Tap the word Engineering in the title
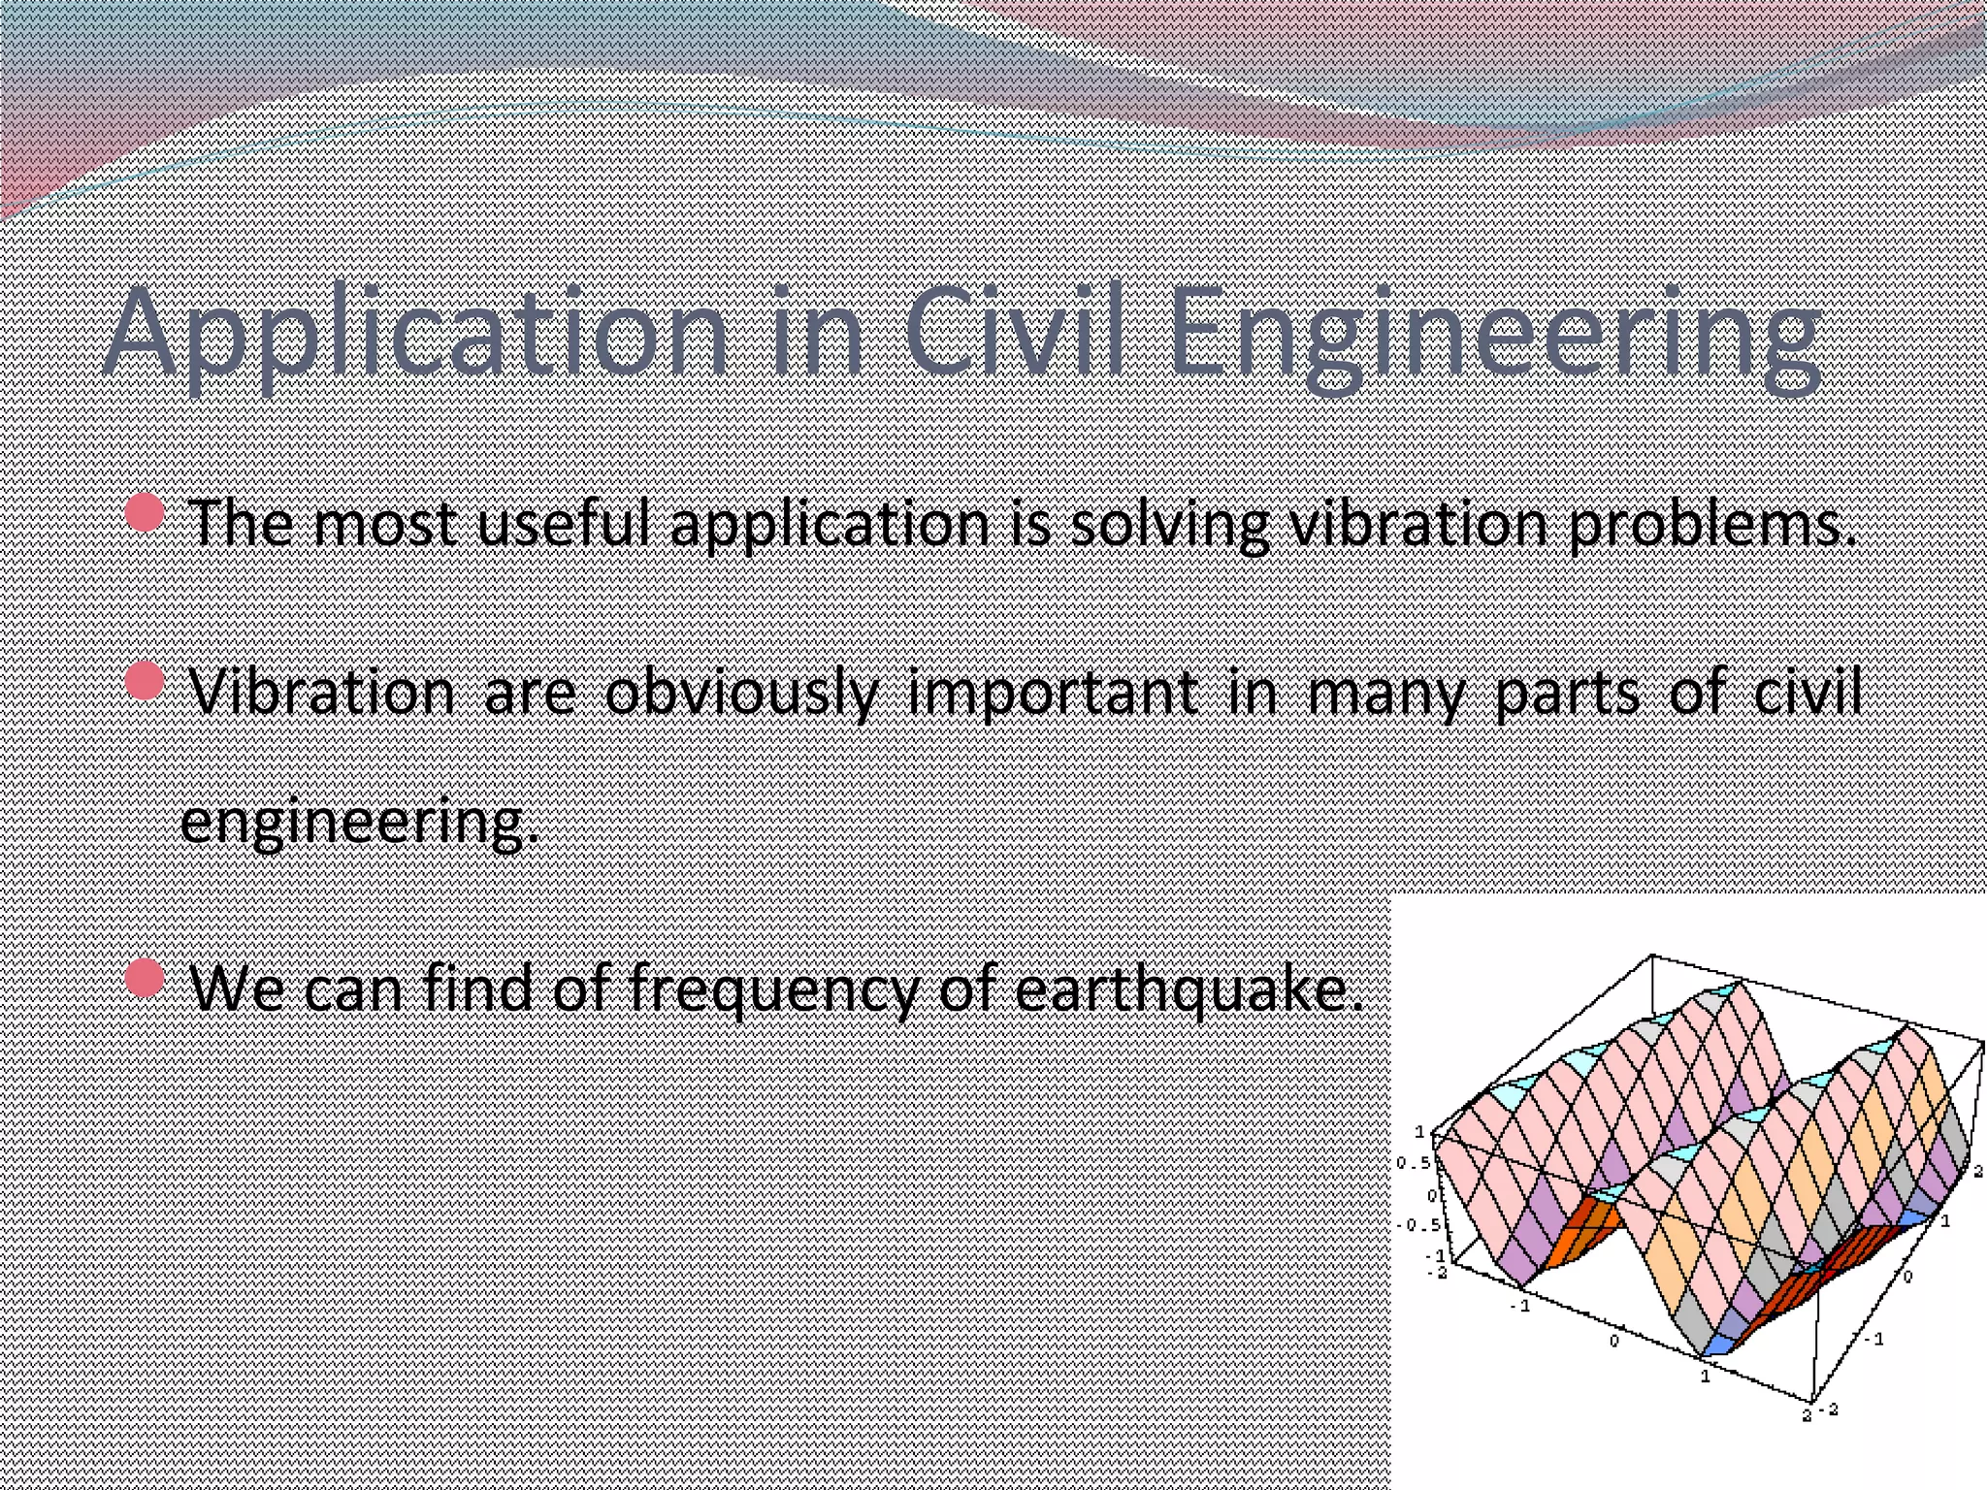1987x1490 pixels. (1494, 335)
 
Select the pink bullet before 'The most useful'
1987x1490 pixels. (145, 511)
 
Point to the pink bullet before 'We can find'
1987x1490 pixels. (145, 978)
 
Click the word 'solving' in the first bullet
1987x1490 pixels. (1169, 524)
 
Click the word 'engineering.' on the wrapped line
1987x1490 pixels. (359, 823)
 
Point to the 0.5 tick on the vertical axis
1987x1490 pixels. (1413, 1163)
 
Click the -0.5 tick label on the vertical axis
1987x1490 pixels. (1417, 1225)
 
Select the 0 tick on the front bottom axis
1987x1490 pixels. (1613, 1341)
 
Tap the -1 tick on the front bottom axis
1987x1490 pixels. (1519, 1306)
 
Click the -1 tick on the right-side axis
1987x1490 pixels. (1876, 1340)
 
